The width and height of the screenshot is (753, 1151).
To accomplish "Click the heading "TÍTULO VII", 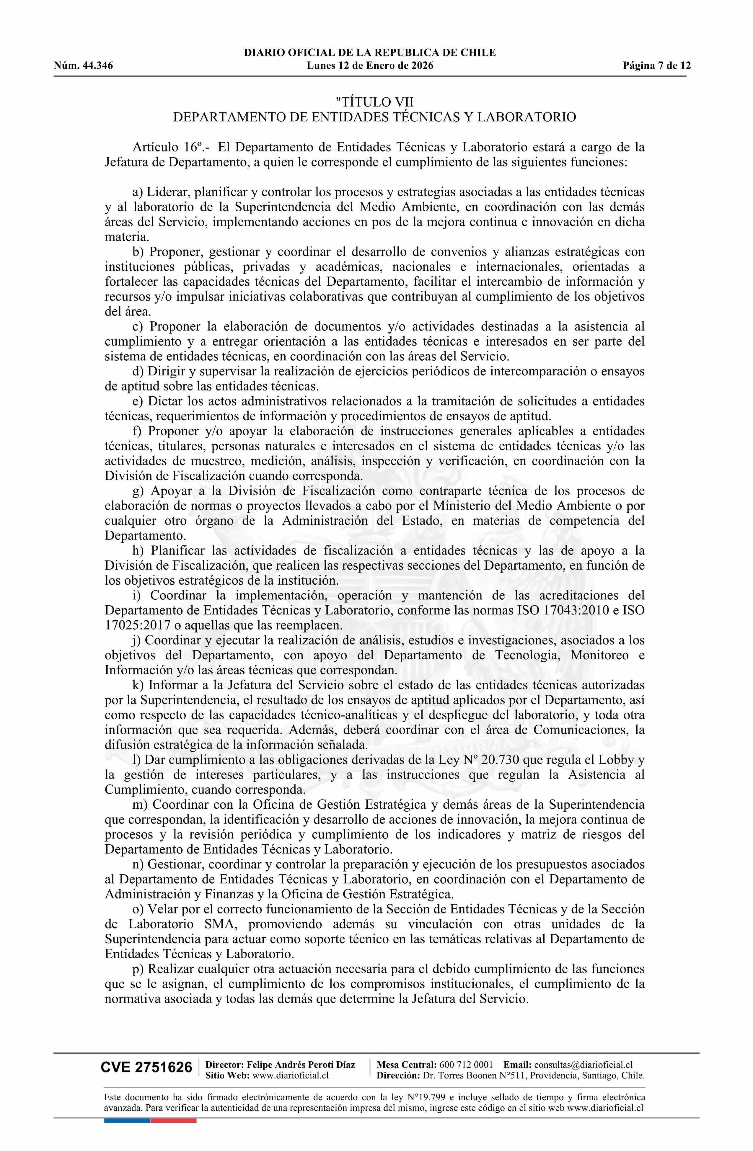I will [x=374, y=102].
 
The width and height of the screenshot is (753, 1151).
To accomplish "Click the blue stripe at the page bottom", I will [x=127, y=1120].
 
